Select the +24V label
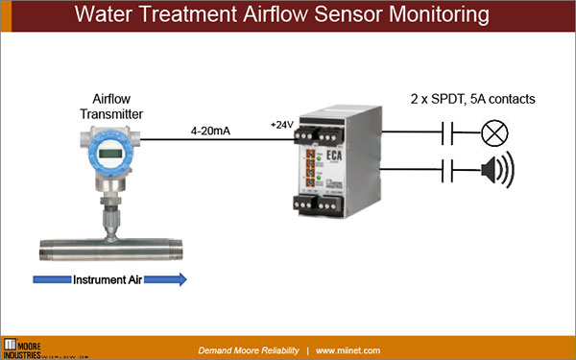pyautogui.click(x=282, y=125)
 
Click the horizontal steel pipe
pyautogui.click(x=106, y=252)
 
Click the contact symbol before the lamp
pyautogui.click(x=450, y=132)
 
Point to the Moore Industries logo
pyautogui.click(x=26, y=346)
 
